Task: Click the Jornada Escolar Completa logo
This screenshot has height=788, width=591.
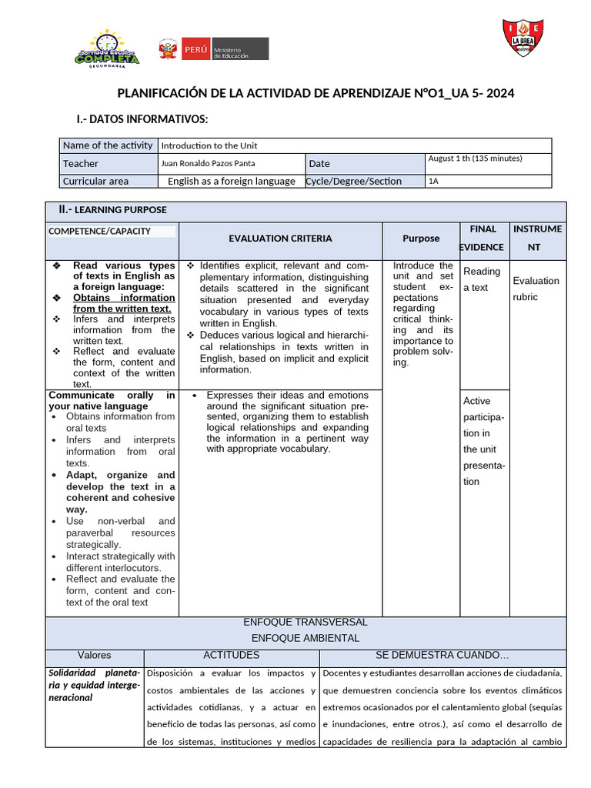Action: pyautogui.click(x=108, y=49)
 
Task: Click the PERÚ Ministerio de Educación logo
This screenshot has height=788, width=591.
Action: pyautogui.click(x=213, y=49)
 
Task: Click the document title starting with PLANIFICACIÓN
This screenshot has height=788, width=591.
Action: pyautogui.click(x=316, y=94)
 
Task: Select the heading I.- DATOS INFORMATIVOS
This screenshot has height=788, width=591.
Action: pyautogui.click(x=142, y=119)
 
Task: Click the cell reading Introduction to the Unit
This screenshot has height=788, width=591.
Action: pyautogui.click(x=209, y=145)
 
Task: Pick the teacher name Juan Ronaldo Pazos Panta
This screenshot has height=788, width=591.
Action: pyautogui.click(x=208, y=163)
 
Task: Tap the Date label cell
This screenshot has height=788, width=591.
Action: pyautogui.click(x=319, y=163)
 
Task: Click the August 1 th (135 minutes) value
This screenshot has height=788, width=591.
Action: pyautogui.click(x=475, y=159)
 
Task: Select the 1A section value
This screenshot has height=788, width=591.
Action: pyautogui.click(x=434, y=182)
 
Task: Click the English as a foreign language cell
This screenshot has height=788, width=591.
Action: pyautogui.click(x=232, y=182)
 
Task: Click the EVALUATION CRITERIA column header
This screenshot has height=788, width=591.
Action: pyautogui.click(x=280, y=239)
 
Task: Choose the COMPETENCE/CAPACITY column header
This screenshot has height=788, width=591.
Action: pyautogui.click(x=100, y=231)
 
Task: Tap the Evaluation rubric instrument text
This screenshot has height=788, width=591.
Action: pyautogui.click(x=536, y=289)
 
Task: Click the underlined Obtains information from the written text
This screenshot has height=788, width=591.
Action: pyautogui.click(x=124, y=303)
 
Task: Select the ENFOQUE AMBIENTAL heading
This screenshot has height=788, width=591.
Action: pyautogui.click(x=306, y=638)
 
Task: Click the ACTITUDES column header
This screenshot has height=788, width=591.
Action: pyautogui.click(x=231, y=656)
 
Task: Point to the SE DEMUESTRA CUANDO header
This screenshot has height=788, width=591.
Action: pyautogui.click(x=442, y=656)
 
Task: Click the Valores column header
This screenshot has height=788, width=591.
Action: pyautogui.click(x=95, y=656)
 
